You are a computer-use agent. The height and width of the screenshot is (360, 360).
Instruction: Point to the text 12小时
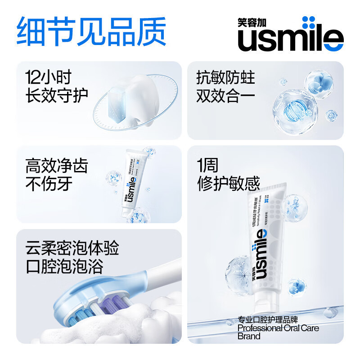coord(49,77)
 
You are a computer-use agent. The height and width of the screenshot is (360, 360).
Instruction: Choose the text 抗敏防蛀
coord(225,77)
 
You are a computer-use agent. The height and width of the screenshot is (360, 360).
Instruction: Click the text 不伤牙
coord(49,184)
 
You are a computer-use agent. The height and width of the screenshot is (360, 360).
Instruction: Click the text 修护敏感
coord(229,184)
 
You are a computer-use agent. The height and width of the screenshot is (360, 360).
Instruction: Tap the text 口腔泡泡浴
coord(65,266)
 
